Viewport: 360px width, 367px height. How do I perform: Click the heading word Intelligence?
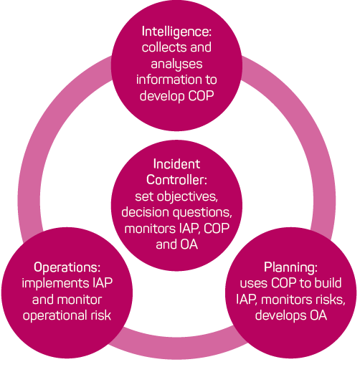176,32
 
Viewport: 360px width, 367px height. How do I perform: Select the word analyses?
176,65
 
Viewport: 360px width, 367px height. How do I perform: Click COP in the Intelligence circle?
201,96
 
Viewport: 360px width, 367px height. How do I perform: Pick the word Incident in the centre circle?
176,164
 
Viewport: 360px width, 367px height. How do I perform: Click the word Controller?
176,180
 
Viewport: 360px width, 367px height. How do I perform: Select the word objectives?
187,196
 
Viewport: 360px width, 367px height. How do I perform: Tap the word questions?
202,212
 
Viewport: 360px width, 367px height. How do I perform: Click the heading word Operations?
67,267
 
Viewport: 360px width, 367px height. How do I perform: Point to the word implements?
55,284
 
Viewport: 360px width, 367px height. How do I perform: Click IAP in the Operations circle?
103,283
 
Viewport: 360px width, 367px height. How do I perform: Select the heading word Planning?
290,267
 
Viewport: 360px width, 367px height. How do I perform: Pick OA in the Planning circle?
318,315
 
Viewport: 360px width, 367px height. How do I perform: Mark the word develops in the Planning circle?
280,315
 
